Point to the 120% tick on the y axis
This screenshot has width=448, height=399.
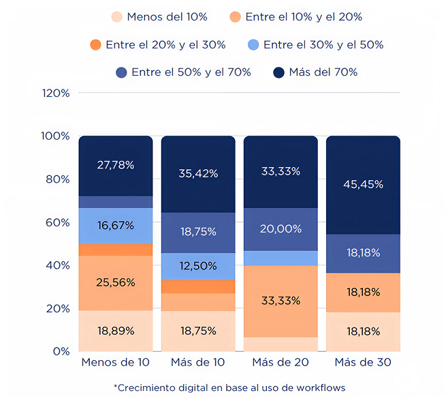[x=56, y=93]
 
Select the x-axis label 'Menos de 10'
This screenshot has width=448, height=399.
[x=116, y=362]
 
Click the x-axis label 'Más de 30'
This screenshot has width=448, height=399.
[x=363, y=362]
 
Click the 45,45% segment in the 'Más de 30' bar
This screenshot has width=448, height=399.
[x=363, y=185]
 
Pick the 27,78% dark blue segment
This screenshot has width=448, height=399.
[x=116, y=165]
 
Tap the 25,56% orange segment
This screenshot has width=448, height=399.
[x=116, y=282]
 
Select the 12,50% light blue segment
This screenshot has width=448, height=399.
[x=198, y=265]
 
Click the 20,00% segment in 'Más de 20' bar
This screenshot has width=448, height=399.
[x=281, y=229]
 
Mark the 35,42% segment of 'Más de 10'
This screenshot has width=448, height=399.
[x=198, y=173]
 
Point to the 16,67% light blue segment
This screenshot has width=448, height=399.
[x=116, y=226]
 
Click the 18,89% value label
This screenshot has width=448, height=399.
[x=116, y=331]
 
